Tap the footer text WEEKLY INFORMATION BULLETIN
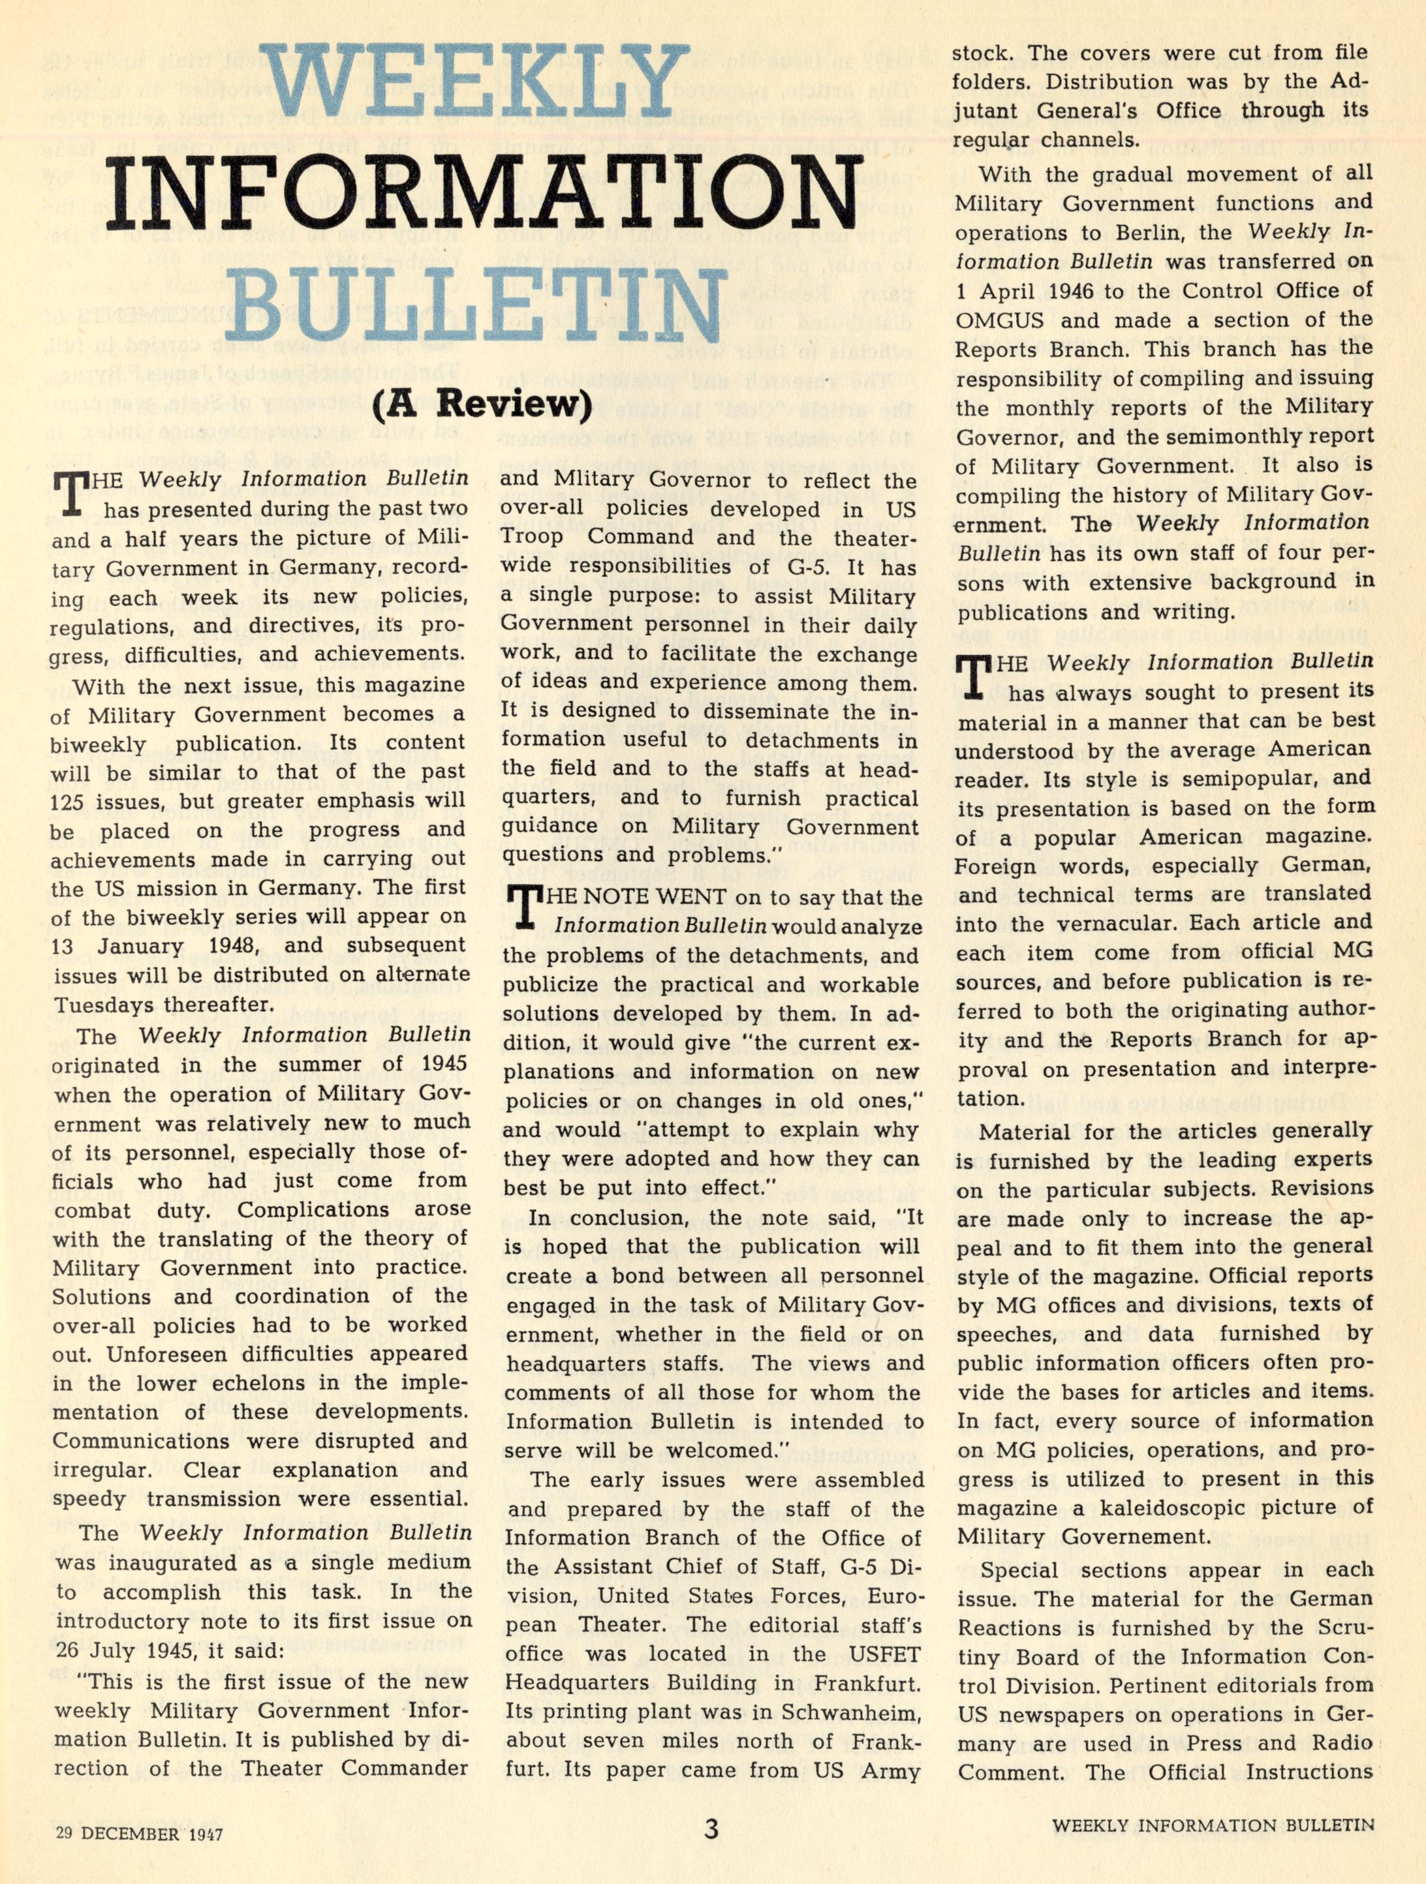(x=1212, y=1825)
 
